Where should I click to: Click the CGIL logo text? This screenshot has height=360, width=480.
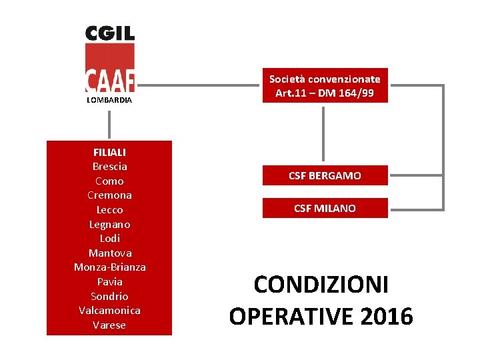click(110, 33)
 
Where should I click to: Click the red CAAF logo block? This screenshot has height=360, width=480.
click(110, 68)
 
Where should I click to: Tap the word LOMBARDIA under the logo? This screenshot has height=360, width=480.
click(109, 100)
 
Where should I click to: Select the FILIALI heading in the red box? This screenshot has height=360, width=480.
click(109, 152)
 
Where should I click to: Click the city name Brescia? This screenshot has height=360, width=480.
click(109, 167)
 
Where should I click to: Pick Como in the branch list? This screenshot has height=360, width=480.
click(109, 181)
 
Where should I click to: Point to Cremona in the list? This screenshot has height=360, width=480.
click(109, 195)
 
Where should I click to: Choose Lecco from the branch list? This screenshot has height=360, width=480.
click(109, 210)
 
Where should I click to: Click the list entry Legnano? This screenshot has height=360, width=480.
click(109, 224)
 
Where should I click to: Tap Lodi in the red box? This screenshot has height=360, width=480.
click(109, 239)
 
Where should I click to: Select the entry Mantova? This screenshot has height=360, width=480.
click(109, 253)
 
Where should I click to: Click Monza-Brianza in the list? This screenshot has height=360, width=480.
click(109, 267)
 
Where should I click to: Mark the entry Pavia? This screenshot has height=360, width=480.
click(109, 282)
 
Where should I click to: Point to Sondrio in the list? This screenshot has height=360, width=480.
click(109, 296)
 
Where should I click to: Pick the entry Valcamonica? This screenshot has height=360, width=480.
click(109, 311)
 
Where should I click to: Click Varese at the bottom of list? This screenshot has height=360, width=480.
click(109, 325)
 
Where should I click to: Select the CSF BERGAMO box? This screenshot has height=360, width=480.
click(325, 175)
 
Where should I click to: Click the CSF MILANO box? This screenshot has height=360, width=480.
click(325, 208)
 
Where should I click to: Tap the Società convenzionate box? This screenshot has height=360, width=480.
click(325, 86)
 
